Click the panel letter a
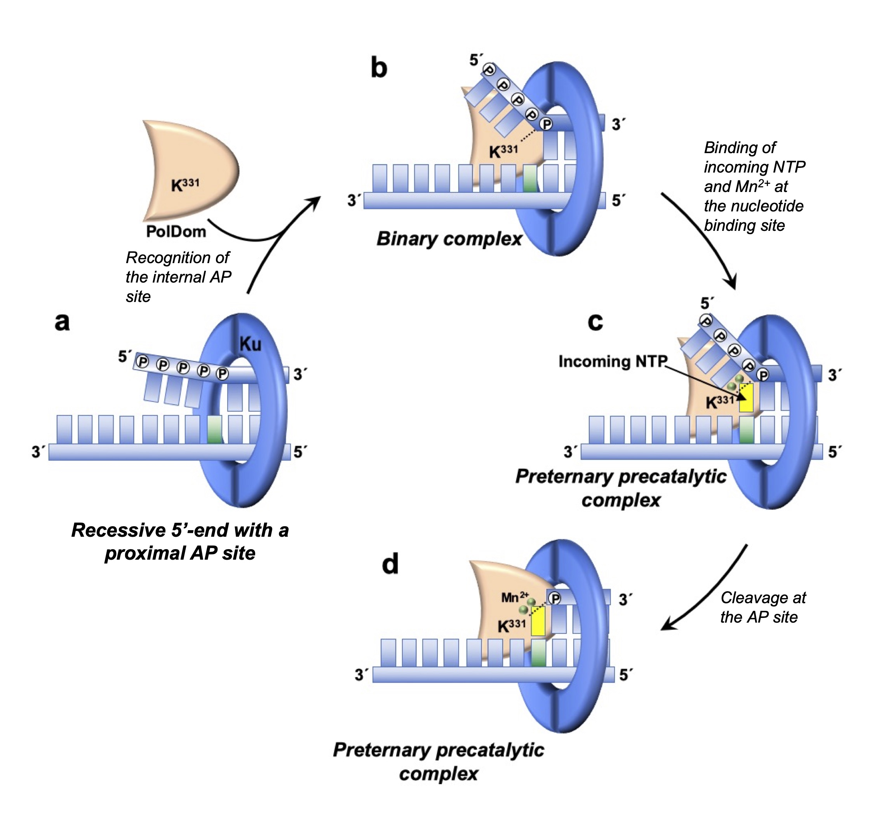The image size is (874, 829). pyautogui.click(x=62, y=322)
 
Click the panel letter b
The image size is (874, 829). pyautogui.click(x=378, y=68)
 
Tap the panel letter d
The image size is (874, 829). pyautogui.click(x=390, y=564)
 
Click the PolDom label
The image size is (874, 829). pyautogui.click(x=176, y=232)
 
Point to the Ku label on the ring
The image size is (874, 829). pyautogui.click(x=251, y=344)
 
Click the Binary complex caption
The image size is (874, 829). pyautogui.click(x=449, y=239)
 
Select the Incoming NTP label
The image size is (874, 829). pyautogui.click(x=613, y=361)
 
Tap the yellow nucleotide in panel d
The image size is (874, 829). pyautogui.click(x=538, y=621)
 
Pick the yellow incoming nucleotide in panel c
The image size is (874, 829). pyautogui.click(x=746, y=398)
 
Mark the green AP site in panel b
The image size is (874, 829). pyautogui.click(x=530, y=178)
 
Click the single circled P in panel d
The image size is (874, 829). pyautogui.click(x=555, y=599)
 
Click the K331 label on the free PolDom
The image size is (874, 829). pyautogui.click(x=185, y=185)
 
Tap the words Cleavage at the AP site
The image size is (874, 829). pyautogui.click(x=762, y=607)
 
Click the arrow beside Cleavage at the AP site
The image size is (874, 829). pyautogui.click(x=707, y=588)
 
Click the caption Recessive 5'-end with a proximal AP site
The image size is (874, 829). pyautogui.click(x=180, y=541)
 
